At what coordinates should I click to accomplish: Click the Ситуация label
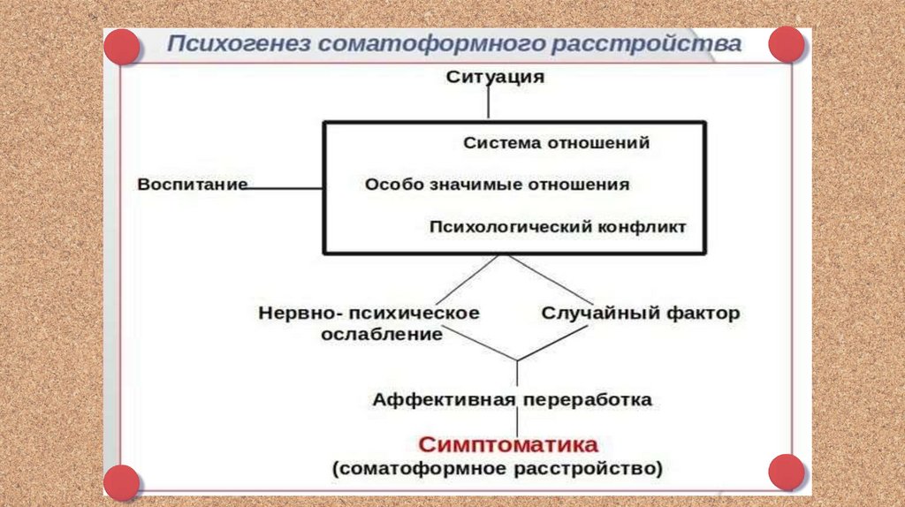coord(495,77)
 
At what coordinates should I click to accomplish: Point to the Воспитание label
coord(192,185)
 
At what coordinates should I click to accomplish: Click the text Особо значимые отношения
coord(497,185)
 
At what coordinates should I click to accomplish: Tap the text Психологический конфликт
coord(557,227)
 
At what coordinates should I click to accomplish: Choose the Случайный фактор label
coord(640,314)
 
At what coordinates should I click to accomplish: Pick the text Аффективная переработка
coord(512,400)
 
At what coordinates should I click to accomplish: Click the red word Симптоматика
coord(508,443)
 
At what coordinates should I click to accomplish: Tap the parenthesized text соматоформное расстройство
coord(497,468)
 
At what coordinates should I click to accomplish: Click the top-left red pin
coord(121,46)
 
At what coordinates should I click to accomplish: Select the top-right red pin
coord(786,44)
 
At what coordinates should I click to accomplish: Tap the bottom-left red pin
coord(121,482)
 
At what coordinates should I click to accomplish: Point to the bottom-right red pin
coord(786,473)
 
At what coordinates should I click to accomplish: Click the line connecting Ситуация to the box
coord(488,103)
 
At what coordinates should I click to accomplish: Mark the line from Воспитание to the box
coord(285,187)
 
